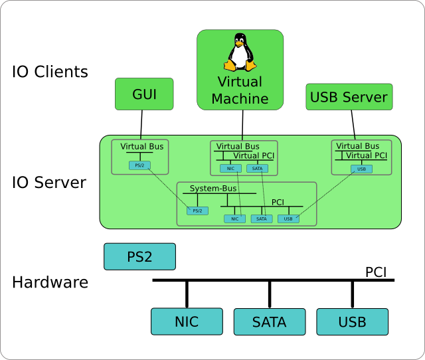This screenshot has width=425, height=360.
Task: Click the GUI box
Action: click(144, 94)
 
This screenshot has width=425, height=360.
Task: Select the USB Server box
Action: click(349, 97)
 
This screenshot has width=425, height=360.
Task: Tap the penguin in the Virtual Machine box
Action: click(240, 52)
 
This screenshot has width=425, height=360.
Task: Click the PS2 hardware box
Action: click(139, 256)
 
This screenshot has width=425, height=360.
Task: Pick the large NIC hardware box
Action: click(187, 322)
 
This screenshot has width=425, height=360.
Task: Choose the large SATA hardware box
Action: click(269, 322)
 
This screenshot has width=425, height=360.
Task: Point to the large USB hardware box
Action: click(352, 322)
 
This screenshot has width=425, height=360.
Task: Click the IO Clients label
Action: click(50, 72)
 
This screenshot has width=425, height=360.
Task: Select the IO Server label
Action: click(49, 182)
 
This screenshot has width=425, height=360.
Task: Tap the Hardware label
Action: click(50, 282)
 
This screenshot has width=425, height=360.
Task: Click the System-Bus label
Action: click(213, 189)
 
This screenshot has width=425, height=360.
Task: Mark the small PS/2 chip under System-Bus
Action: click(197, 211)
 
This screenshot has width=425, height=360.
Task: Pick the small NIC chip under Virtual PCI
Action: click(230, 168)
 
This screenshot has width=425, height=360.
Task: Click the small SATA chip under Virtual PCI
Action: click(256, 168)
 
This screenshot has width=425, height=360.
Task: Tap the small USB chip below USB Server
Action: click(361, 169)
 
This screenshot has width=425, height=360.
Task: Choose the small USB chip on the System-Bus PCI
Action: click(288, 219)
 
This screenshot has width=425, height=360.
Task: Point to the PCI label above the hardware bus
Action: click(376, 272)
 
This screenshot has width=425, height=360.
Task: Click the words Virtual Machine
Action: click(240, 90)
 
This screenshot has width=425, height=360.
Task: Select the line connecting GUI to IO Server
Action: click(141, 123)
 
